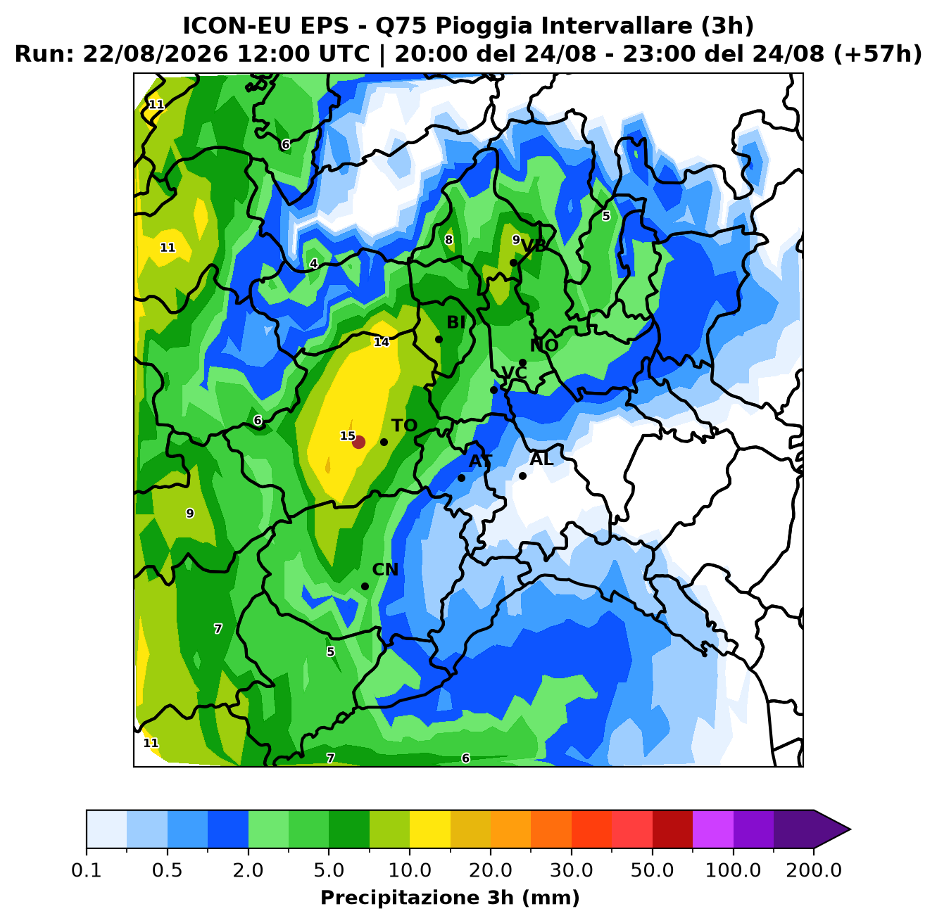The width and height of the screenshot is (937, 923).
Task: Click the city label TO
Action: tap(404, 426)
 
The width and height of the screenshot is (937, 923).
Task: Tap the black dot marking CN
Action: tap(365, 587)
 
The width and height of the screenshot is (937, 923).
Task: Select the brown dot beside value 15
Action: tap(358, 443)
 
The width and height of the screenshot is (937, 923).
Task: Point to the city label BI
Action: tap(455, 322)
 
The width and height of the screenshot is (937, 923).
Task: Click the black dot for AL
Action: tap(522, 476)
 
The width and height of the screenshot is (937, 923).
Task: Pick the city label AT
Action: tap(480, 461)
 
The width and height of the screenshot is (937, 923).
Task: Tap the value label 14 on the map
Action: tap(382, 342)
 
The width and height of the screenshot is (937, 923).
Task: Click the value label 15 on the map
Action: tap(347, 436)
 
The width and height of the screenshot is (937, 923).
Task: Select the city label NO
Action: tap(544, 345)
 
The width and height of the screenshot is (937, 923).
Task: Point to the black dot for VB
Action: tap(513, 263)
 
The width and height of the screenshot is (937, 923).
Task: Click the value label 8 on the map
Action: tap(448, 240)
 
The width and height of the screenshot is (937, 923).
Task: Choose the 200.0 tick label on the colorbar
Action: tap(814, 870)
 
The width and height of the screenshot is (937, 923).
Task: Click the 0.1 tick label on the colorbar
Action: tap(87, 870)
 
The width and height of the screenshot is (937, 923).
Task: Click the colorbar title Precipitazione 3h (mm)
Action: tap(450, 898)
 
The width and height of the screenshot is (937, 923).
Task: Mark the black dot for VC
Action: tap(493, 390)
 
